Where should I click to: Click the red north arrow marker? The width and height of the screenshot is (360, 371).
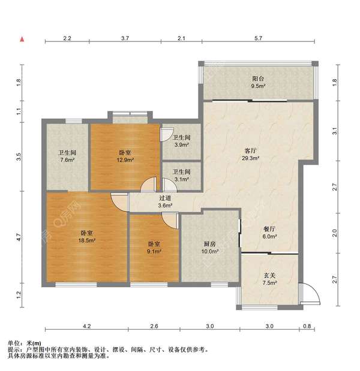pyautogui.click(x=22, y=40)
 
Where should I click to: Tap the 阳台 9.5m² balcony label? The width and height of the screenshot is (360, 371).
pyautogui.click(x=258, y=82)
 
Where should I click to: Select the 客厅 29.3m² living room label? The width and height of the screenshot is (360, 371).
pyautogui.click(x=250, y=154)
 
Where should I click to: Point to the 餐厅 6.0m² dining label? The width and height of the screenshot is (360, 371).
pyautogui.click(x=269, y=233)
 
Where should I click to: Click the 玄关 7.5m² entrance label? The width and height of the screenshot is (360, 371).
pyautogui.click(x=269, y=279)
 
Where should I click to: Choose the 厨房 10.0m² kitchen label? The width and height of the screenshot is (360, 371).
pyautogui.click(x=210, y=248)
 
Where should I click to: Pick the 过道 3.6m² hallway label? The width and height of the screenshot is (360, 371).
pyautogui.click(x=165, y=201)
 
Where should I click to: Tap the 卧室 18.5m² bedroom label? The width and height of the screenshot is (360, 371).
pyautogui.click(x=87, y=237)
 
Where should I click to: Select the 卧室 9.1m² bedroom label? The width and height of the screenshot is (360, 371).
pyautogui.click(x=154, y=248)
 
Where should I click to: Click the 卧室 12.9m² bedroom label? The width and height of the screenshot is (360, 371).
pyautogui.click(x=125, y=156)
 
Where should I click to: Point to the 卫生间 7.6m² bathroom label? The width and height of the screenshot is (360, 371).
pyautogui.click(x=67, y=156)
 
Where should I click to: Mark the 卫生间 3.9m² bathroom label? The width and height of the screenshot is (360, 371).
pyautogui.click(x=181, y=141)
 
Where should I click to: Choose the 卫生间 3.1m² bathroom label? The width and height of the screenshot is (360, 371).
pyautogui.click(x=181, y=176)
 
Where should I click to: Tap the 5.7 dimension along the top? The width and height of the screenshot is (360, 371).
pyautogui.click(x=258, y=38)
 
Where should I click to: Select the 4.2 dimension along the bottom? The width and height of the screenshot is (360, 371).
pyautogui.click(x=87, y=326)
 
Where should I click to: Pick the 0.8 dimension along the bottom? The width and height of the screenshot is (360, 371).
pyautogui.click(x=307, y=326)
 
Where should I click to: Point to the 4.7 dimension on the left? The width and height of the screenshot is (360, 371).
pyautogui.click(x=19, y=237)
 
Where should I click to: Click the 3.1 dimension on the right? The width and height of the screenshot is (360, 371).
pyautogui.click(x=334, y=131)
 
